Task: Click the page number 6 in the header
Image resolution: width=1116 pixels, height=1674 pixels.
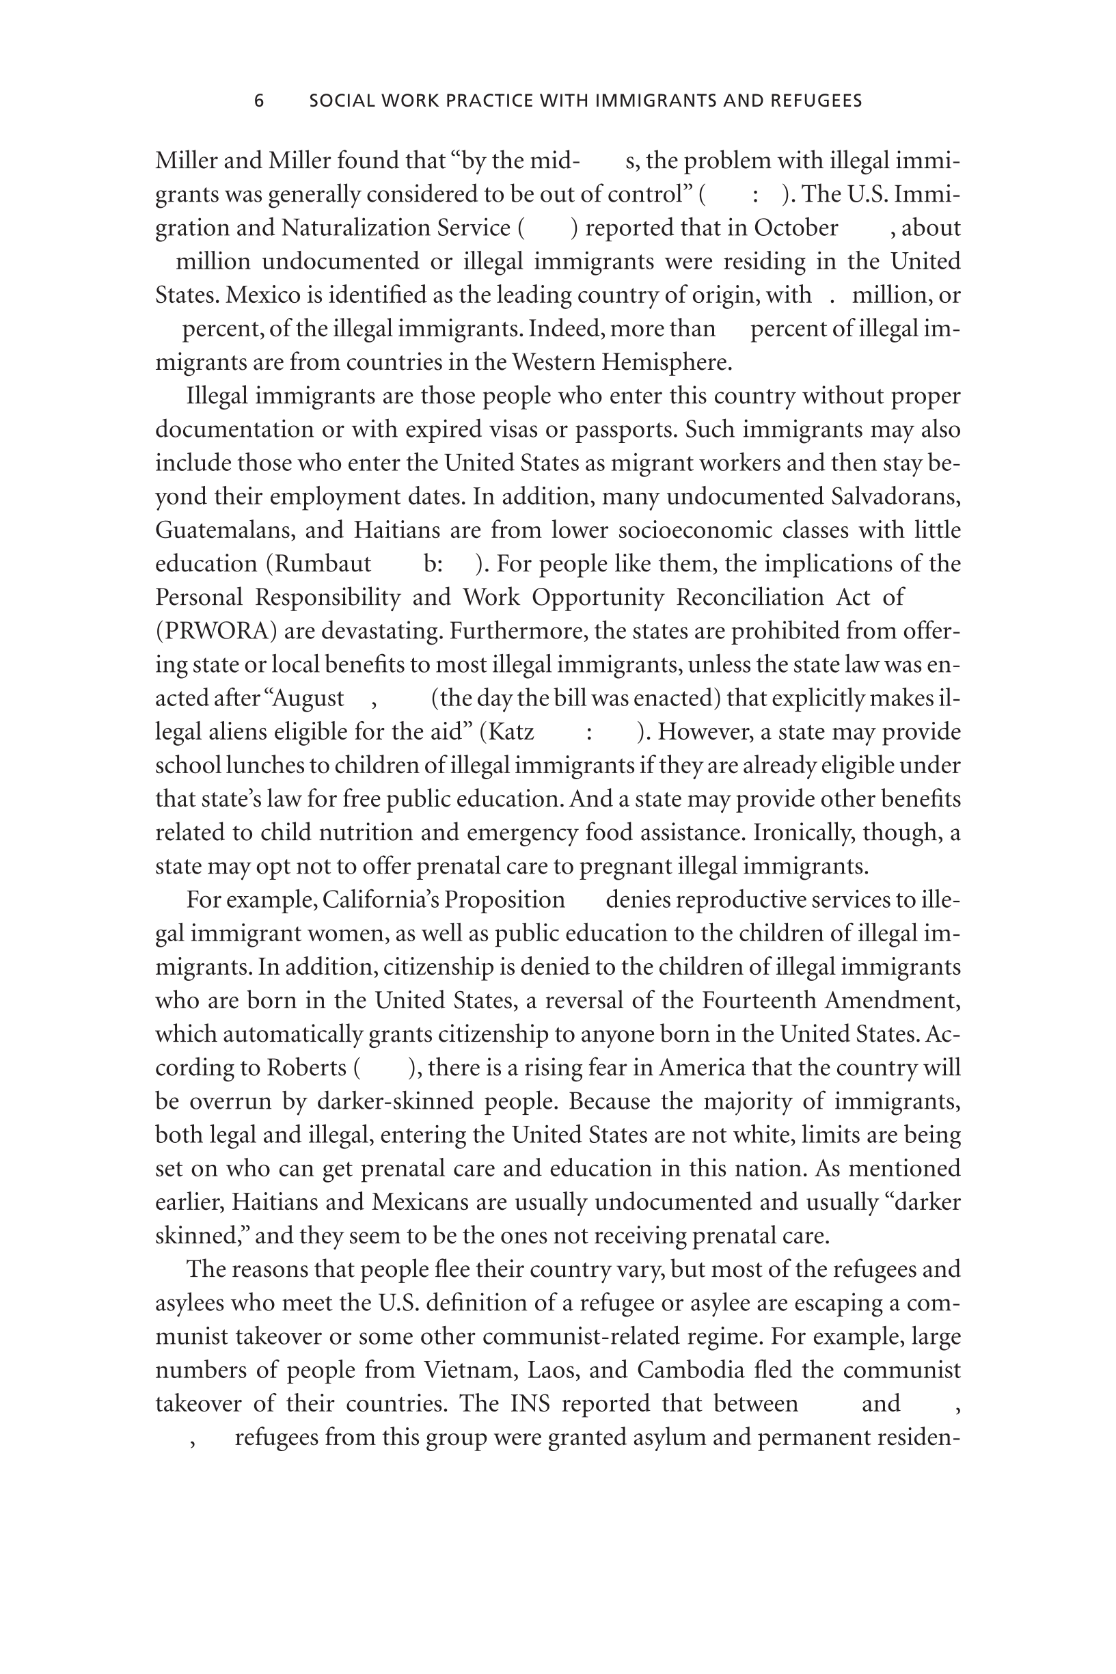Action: (x=259, y=101)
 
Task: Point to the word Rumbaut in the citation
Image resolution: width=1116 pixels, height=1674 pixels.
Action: (x=323, y=564)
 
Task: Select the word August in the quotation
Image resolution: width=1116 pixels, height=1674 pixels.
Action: (x=308, y=698)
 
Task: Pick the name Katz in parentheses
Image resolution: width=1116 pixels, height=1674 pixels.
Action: (x=512, y=731)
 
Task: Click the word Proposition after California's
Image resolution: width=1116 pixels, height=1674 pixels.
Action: (x=504, y=900)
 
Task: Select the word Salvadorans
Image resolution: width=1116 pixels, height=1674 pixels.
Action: (x=895, y=496)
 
